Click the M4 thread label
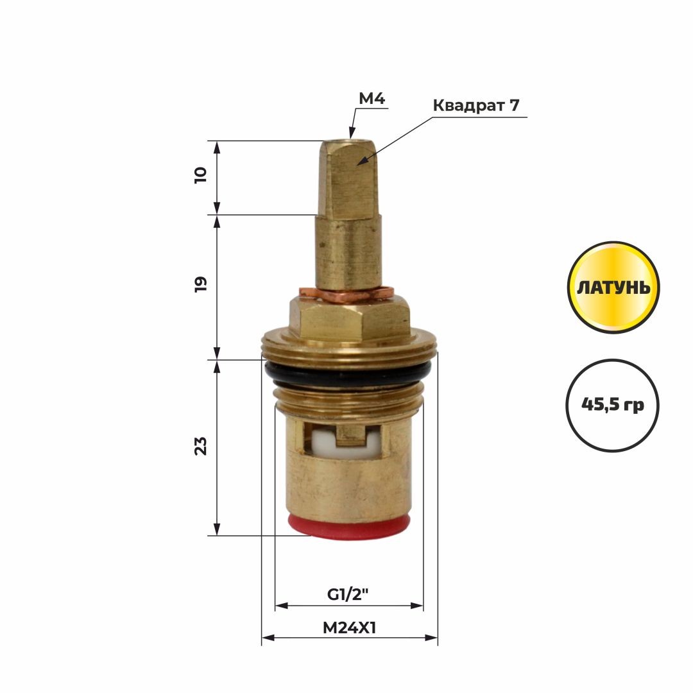pos(372,98)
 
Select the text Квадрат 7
pos(476,106)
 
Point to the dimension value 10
pos(200,175)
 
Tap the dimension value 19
pos(200,284)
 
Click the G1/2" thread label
pos(347,594)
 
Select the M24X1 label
pos(349,628)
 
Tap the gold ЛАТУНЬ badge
pos(613,287)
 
